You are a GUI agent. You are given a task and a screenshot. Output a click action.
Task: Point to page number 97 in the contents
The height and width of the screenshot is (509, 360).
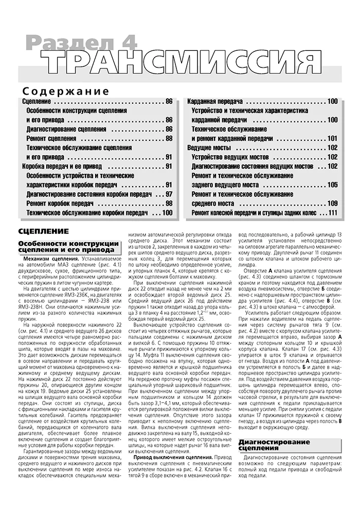[x=169, y=194]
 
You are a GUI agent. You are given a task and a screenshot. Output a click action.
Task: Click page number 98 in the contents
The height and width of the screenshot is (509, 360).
[x=169, y=203]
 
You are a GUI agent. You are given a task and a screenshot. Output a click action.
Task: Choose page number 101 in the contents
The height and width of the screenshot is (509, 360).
[x=332, y=138]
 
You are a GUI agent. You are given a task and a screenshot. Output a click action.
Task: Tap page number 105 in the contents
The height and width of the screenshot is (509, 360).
[x=332, y=185]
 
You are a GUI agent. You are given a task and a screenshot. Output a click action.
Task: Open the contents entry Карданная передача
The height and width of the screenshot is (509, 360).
[x=214, y=101]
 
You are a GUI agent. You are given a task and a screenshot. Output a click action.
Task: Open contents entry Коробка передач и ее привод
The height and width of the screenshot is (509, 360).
[x=62, y=166]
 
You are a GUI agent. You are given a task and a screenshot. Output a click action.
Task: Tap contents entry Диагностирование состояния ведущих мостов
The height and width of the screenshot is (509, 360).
[x=251, y=166]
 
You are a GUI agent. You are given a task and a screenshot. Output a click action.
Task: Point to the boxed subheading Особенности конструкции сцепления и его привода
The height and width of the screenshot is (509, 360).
[x=68, y=246]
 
